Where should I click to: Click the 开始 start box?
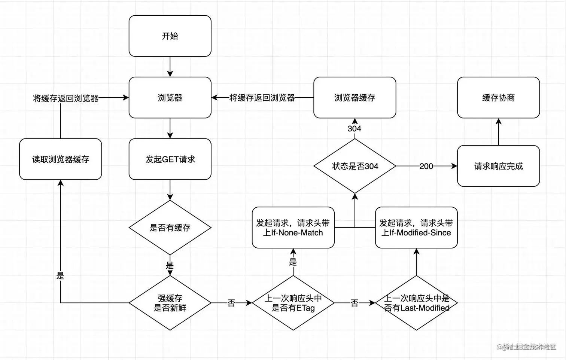click(170, 36)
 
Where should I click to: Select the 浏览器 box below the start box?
click(170, 98)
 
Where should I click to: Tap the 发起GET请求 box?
click(170, 159)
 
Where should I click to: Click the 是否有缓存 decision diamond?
click(170, 228)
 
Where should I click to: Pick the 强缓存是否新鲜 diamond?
click(170, 303)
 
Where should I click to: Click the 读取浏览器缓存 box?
click(60, 159)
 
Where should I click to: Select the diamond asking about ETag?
click(293, 303)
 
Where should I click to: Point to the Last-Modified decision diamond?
click(416, 303)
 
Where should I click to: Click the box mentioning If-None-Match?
click(293, 228)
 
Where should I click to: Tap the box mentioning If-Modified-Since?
click(416, 228)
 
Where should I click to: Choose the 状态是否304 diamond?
click(354, 166)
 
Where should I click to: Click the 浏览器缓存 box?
click(354, 98)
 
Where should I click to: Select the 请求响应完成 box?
click(498, 166)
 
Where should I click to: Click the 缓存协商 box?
click(498, 98)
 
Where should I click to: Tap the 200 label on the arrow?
click(426, 166)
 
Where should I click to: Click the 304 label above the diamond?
click(354, 129)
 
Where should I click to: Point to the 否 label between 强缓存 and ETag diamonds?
click(231, 303)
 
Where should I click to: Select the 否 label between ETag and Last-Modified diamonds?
click(354, 303)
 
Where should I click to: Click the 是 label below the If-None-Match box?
click(293, 262)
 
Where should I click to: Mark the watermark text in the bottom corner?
click(527, 347)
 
